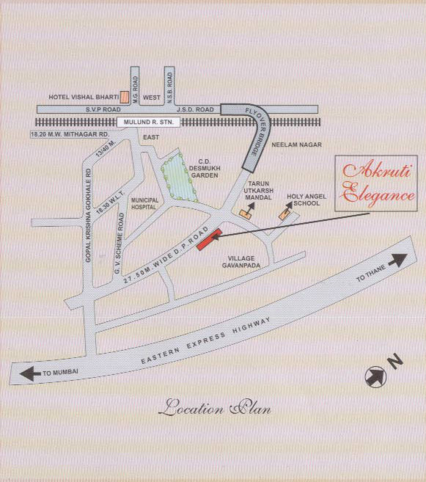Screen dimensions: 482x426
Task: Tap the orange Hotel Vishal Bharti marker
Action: [125, 96]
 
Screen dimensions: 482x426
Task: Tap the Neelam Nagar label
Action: [297, 146]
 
